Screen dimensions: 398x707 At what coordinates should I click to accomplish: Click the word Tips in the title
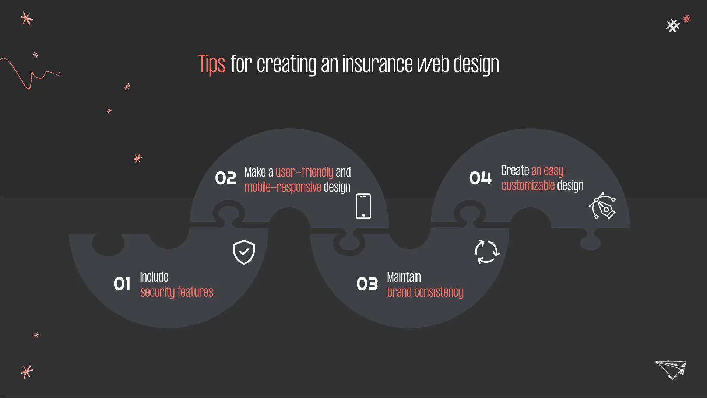212,64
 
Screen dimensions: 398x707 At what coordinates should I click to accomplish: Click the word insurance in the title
377,64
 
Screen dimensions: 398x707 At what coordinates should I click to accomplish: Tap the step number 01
122,284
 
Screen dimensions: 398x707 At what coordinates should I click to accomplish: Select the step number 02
225,178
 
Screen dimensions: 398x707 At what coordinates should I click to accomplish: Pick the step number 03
367,284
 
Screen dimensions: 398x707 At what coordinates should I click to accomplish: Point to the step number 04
480,178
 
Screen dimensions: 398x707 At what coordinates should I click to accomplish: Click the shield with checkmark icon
244,252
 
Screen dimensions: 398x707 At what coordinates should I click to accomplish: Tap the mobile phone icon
363,206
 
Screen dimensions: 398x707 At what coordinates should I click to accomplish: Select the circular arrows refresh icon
487,252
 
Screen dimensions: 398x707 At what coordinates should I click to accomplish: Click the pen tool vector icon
602,206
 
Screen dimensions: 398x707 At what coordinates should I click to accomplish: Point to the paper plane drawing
671,369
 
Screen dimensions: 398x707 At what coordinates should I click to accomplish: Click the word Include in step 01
154,277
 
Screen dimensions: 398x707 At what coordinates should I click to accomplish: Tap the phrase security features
176,292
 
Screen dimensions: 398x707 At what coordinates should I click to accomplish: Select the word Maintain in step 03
404,277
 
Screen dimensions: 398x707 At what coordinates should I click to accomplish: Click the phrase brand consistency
425,292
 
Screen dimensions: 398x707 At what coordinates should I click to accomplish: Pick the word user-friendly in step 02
304,172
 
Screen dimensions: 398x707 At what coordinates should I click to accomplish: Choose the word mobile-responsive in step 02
283,187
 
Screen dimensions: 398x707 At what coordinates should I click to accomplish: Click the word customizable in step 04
528,185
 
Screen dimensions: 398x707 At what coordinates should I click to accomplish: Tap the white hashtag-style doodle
673,25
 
